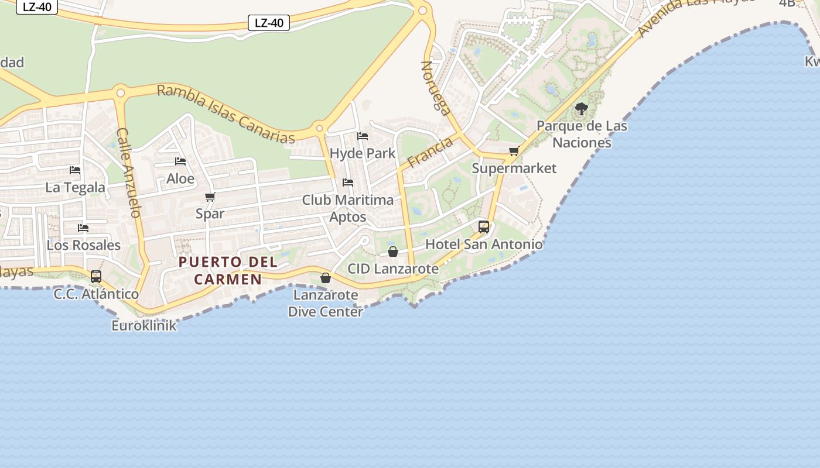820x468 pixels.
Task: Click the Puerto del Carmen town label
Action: click(x=228, y=270)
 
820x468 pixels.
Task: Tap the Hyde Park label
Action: click(x=363, y=154)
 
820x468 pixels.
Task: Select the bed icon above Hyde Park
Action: click(x=363, y=136)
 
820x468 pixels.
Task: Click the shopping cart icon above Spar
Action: click(x=210, y=197)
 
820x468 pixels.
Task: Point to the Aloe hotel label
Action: click(x=180, y=178)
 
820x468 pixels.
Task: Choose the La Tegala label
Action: click(x=76, y=188)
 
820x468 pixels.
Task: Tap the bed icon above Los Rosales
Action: click(x=83, y=228)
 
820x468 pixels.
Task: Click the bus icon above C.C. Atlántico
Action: click(x=96, y=277)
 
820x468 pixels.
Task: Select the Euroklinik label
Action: click(x=144, y=326)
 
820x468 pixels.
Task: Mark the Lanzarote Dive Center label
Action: click(x=326, y=303)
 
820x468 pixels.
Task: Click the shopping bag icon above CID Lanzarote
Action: click(x=393, y=252)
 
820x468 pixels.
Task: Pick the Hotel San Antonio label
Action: click(x=484, y=245)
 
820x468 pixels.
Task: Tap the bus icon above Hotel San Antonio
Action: click(x=484, y=227)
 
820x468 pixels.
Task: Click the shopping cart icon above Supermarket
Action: click(x=514, y=152)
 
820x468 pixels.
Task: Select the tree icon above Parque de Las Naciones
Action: click(x=582, y=109)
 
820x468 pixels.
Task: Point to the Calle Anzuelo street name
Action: click(x=129, y=173)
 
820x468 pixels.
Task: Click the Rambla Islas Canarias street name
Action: click(x=226, y=114)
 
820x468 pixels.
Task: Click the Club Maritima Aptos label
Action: click(x=348, y=208)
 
